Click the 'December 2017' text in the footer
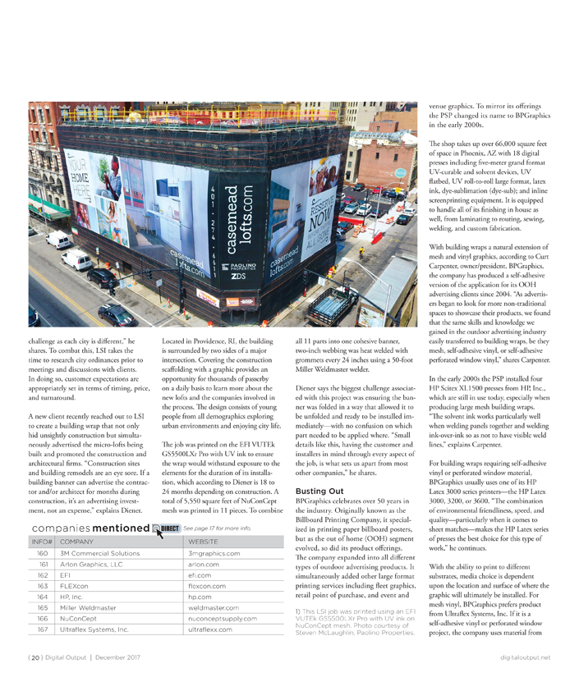pyautogui.click(x=117, y=656)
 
